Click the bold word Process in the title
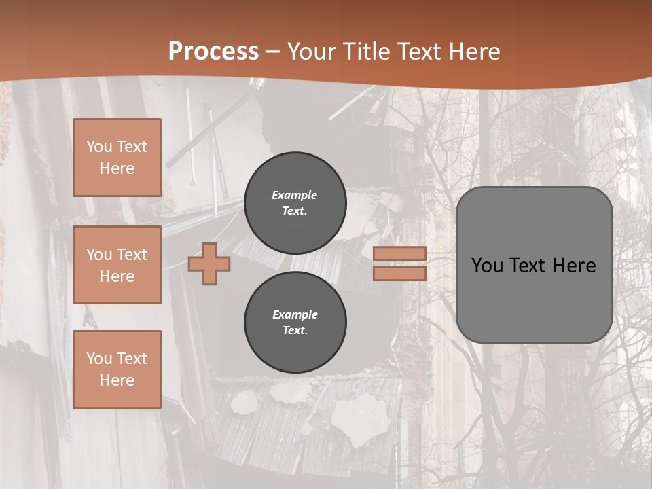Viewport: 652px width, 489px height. tap(213, 52)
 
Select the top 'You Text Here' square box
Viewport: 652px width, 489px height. tap(117, 158)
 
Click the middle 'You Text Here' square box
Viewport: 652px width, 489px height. tap(117, 265)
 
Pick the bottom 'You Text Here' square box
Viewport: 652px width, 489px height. tap(117, 369)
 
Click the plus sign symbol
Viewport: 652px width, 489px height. tap(209, 264)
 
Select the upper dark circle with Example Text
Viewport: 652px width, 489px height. tap(295, 203)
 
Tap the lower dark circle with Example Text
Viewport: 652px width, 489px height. tap(295, 323)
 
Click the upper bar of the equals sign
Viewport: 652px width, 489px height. tap(400, 254)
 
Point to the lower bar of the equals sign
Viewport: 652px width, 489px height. tap(400, 273)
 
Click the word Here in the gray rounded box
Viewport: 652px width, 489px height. tap(575, 266)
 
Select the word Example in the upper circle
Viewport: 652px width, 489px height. tap(295, 196)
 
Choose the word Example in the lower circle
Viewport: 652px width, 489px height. tap(295, 315)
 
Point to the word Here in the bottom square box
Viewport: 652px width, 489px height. tap(117, 380)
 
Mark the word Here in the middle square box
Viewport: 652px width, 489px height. tap(117, 276)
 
